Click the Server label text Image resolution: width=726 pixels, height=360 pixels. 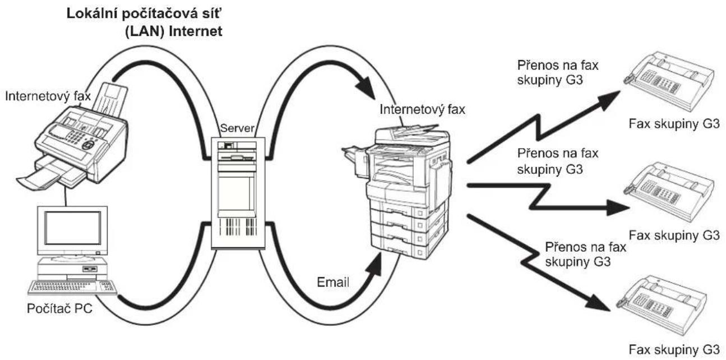237,128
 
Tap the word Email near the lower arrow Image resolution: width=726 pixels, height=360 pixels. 333,282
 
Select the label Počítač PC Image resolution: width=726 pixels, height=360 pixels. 59,308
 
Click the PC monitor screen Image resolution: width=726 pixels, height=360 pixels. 73,228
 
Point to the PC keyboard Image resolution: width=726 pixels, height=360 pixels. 72,288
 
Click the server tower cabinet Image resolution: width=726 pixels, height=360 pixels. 238,193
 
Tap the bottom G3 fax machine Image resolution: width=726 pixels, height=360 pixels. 661,306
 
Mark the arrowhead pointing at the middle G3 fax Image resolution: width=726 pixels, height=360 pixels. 617,207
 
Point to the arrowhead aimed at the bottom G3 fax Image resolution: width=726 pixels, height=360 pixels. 598,303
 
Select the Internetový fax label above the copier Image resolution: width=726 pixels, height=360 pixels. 422,109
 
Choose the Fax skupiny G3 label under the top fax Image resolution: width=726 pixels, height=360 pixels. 674,124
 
